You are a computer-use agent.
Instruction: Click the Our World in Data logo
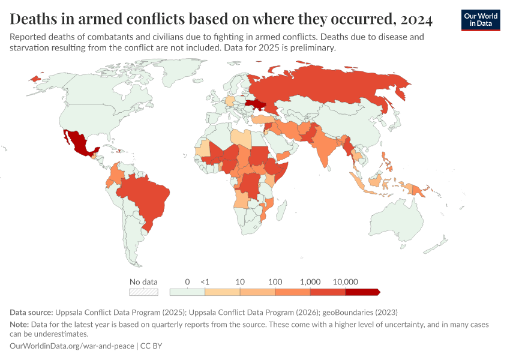481,20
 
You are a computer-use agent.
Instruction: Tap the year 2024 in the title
413,19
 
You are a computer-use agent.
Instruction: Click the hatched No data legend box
143,292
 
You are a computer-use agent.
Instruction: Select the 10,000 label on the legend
345,281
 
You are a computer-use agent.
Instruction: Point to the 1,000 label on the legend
310,281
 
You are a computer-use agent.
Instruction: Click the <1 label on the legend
205,281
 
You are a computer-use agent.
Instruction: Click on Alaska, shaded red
37,79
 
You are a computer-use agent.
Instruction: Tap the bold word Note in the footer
19,325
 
